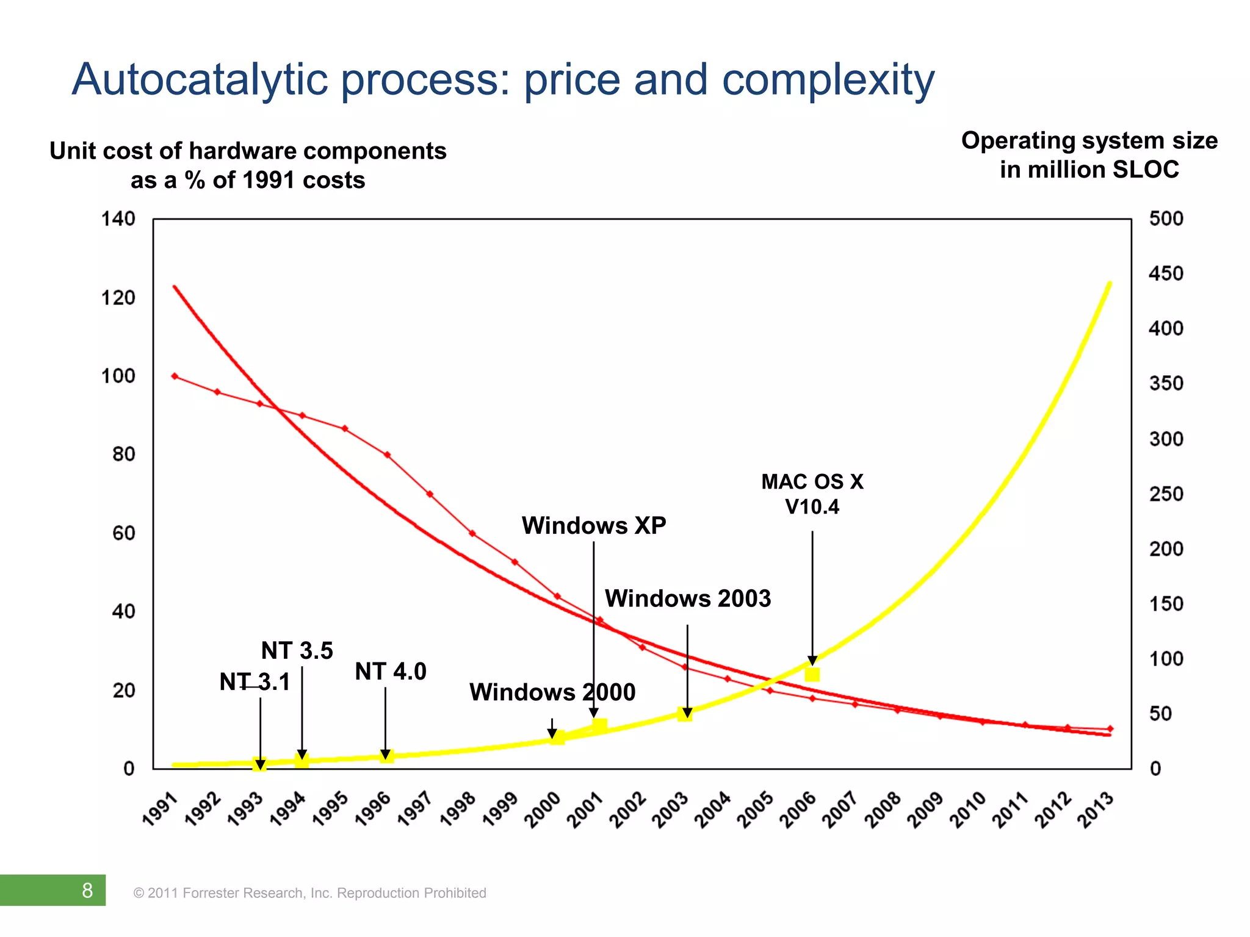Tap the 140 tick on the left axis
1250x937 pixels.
point(118,219)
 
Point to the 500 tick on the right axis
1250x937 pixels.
point(1166,219)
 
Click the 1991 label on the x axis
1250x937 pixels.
point(160,810)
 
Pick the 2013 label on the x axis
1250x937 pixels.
point(1096,810)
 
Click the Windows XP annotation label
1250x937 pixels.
point(593,526)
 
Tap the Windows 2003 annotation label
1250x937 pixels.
point(687,598)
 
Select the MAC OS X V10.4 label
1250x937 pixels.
point(812,494)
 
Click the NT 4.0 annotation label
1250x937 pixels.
point(390,672)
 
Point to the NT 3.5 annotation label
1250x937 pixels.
point(297,651)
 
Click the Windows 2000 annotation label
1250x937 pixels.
point(552,692)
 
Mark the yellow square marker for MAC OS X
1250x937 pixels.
point(812,675)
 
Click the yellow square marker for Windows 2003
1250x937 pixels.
point(684,714)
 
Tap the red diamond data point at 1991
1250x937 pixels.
point(175,376)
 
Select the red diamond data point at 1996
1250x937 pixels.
point(387,455)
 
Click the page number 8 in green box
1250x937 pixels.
point(87,890)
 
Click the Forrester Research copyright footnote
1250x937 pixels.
point(309,893)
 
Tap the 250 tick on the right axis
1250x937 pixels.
point(1166,494)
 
